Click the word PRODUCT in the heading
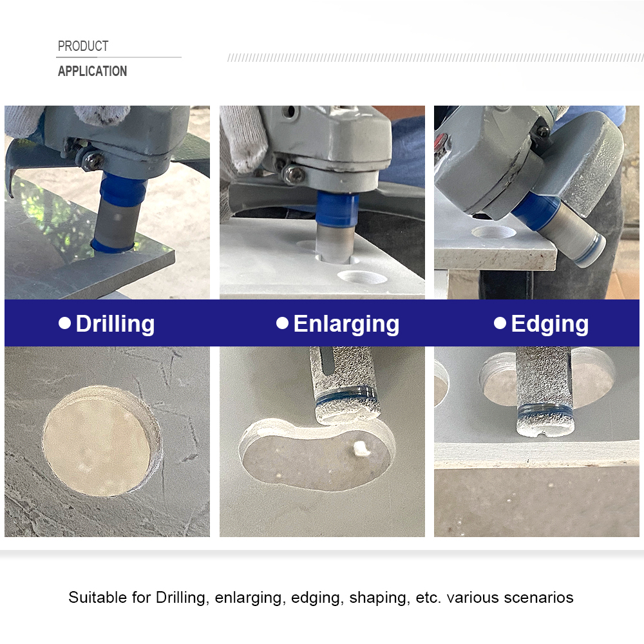(x=83, y=46)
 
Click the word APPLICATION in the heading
(x=92, y=71)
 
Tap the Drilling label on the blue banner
(x=115, y=324)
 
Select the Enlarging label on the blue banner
(x=346, y=324)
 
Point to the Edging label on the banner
(x=549, y=324)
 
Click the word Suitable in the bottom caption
(x=97, y=598)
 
